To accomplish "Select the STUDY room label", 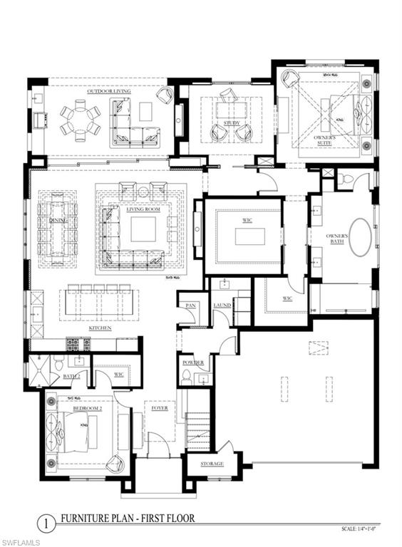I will (x=231, y=123).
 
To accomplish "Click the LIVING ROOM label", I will (x=143, y=209).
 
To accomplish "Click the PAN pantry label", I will (x=191, y=305).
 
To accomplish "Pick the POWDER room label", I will (x=193, y=362).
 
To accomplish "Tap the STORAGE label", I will (x=211, y=464).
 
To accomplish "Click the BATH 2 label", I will (x=71, y=375).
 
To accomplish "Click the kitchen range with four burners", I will (x=77, y=344).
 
